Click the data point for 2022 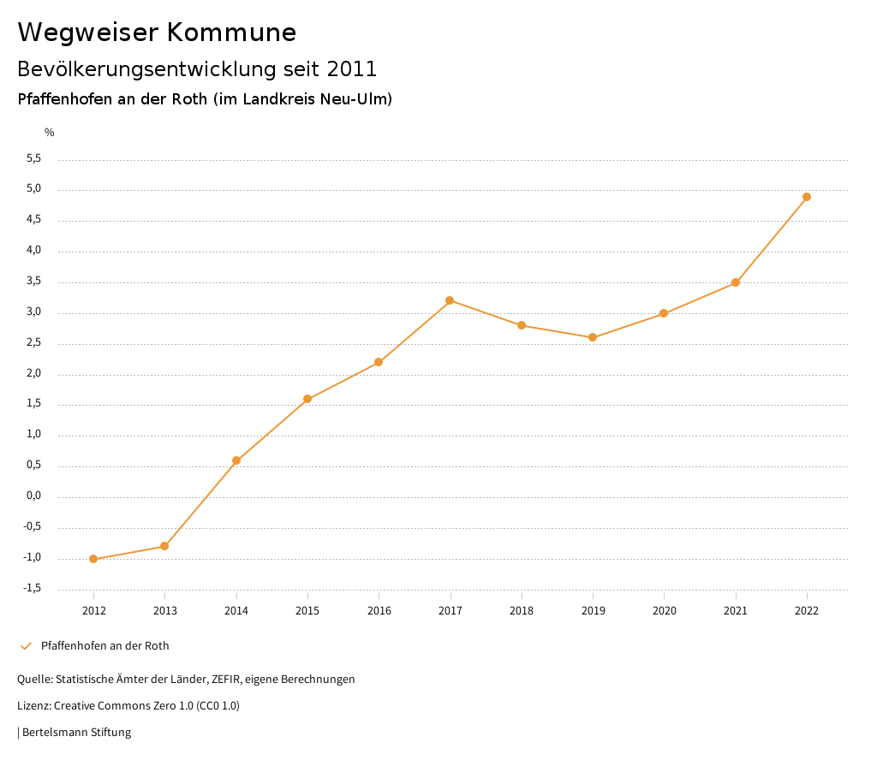pyautogui.click(x=807, y=197)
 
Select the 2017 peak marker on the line pyautogui.click(x=450, y=300)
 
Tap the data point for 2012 pyautogui.click(x=93, y=559)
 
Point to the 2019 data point pyautogui.click(x=593, y=337)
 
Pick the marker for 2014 pyautogui.click(x=236, y=460)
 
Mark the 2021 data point pyautogui.click(x=736, y=282)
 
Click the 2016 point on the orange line pyautogui.click(x=379, y=362)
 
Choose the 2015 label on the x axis pyautogui.click(x=307, y=610)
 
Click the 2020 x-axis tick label pyautogui.click(x=664, y=610)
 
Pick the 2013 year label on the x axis pyautogui.click(x=164, y=610)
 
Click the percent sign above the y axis pyautogui.click(x=50, y=133)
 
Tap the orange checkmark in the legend pyautogui.click(x=26, y=646)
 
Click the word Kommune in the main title pyautogui.click(x=231, y=33)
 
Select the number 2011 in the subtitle pyautogui.click(x=352, y=68)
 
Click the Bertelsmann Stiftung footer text pyautogui.click(x=76, y=733)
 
